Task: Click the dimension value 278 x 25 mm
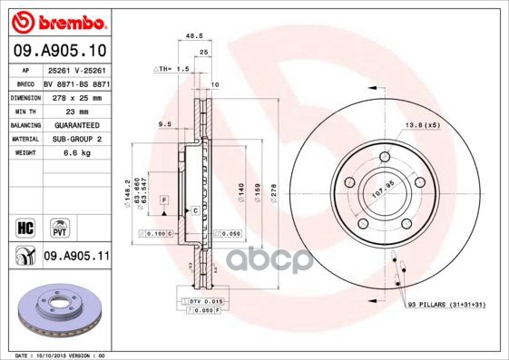73,96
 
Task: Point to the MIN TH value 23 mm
59,109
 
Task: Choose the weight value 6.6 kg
61,153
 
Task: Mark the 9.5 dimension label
164,122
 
